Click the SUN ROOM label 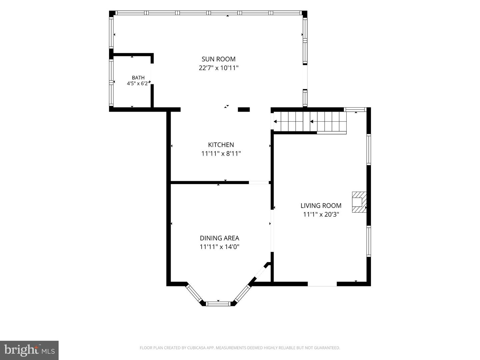click(x=218, y=59)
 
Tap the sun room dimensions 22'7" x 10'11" click(x=218, y=68)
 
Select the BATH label click(x=138, y=78)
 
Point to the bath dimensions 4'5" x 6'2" click(x=139, y=83)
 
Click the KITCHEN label click(x=221, y=145)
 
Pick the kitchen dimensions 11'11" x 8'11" click(x=221, y=154)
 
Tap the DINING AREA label click(x=219, y=238)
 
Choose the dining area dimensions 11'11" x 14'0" click(x=219, y=247)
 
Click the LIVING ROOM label click(x=321, y=205)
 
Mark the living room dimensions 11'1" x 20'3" click(x=321, y=214)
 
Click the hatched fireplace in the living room click(x=359, y=202)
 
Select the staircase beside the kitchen click(x=310, y=122)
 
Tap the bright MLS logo click(x=29, y=350)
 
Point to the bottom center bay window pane click(x=218, y=304)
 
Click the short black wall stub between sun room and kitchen click(x=244, y=110)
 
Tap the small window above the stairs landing click(x=355, y=110)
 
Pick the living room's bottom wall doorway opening click(x=322, y=284)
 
